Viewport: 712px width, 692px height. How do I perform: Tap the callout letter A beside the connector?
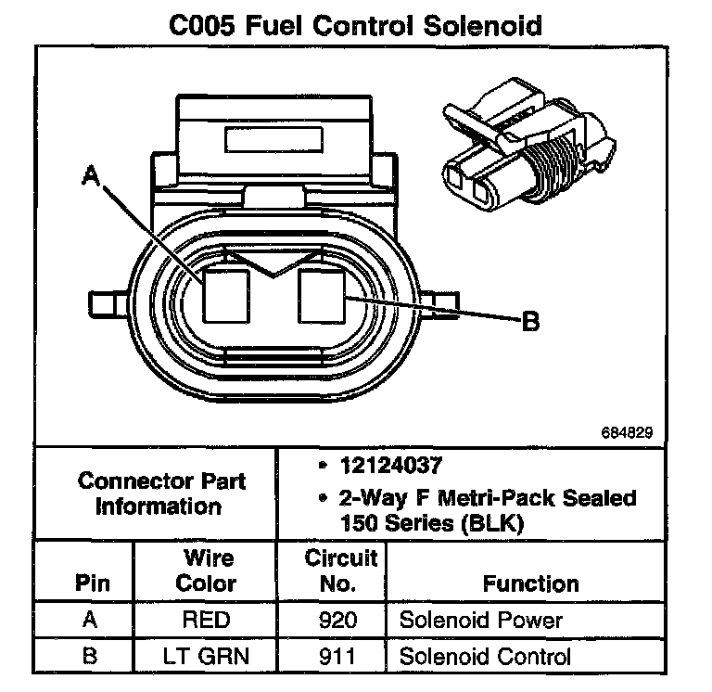pyautogui.click(x=91, y=175)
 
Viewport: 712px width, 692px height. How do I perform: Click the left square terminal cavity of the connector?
pyautogui.click(x=227, y=294)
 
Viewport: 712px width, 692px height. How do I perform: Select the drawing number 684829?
pyautogui.click(x=640, y=432)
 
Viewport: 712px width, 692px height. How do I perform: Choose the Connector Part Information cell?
pyautogui.click(x=162, y=493)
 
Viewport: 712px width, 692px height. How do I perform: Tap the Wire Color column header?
pyautogui.click(x=205, y=570)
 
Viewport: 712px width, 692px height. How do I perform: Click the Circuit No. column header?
pyautogui.click(x=340, y=570)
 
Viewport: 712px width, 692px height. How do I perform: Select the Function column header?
pyautogui.click(x=531, y=583)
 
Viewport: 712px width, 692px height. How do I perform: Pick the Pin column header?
pyautogui.click(x=91, y=583)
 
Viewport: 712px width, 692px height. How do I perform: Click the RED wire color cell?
pyautogui.click(x=205, y=621)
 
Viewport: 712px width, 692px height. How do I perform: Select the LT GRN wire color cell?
pyautogui.click(x=205, y=658)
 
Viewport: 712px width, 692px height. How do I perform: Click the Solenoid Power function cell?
pyautogui.click(x=480, y=621)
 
